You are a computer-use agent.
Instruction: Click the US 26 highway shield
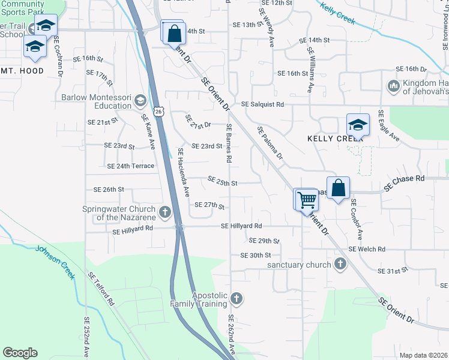(157, 111)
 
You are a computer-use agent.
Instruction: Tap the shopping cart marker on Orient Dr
(307, 199)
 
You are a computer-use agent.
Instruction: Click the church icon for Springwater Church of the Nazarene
(164, 212)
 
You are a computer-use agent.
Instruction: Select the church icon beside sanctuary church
(340, 264)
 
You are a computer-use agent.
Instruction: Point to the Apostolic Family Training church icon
(237, 298)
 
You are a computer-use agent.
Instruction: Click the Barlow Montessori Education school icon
(140, 100)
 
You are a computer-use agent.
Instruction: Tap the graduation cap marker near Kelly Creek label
(358, 125)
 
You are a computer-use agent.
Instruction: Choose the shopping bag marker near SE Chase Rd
(339, 187)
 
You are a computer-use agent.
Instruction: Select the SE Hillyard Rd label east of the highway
(241, 226)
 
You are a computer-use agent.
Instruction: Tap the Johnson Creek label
(55, 259)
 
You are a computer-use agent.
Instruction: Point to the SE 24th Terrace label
(130, 166)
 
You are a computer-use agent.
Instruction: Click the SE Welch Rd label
(367, 249)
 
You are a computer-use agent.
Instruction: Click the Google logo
(20, 353)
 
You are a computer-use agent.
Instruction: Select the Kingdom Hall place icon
(393, 86)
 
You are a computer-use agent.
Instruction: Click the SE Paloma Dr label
(270, 142)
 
